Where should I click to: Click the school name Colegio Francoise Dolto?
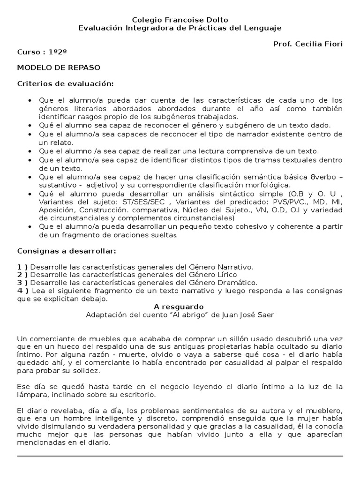(x=180, y=20)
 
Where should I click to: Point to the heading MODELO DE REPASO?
(x=59, y=67)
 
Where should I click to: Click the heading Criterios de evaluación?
(x=65, y=83)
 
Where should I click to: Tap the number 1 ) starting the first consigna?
(x=22, y=267)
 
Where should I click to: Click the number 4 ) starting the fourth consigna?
(x=22, y=291)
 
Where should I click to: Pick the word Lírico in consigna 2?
(x=226, y=275)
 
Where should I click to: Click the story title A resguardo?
(x=180, y=307)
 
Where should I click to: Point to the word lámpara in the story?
(x=31, y=395)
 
